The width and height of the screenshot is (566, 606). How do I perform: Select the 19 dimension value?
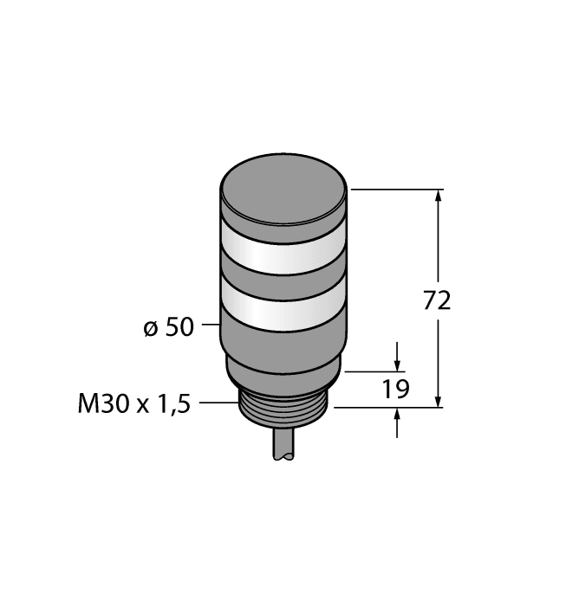[x=397, y=389]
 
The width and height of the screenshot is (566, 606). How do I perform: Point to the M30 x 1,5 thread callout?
[x=133, y=403]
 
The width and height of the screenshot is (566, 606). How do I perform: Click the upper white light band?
[x=283, y=251]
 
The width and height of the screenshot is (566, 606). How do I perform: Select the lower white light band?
[x=283, y=307]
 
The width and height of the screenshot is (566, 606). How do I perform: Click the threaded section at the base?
[x=283, y=414]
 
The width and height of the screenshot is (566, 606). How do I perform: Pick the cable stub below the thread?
[x=283, y=447]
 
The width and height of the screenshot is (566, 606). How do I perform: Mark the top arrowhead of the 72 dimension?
[x=439, y=196]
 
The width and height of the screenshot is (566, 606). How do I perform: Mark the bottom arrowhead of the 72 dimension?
[x=439, y=400]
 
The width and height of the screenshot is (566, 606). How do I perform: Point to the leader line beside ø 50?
[x=211, y=326]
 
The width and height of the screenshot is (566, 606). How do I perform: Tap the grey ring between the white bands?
[x=283, y=279]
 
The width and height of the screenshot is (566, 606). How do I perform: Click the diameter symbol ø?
[x=149, y=329]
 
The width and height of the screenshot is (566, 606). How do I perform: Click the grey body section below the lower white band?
[x=283, y=346]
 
